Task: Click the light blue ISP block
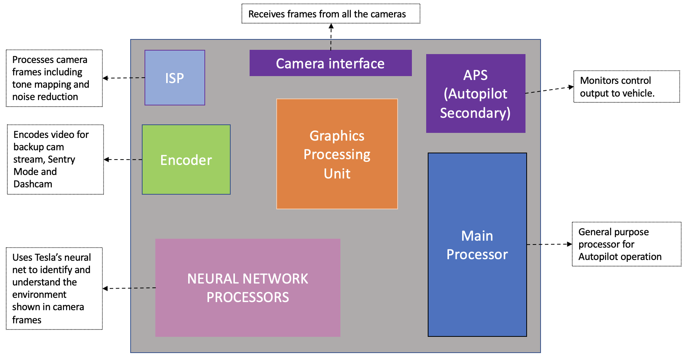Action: tap(175, 78)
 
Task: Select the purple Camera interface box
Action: tap(330, 63)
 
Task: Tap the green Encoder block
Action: tap(186, 160)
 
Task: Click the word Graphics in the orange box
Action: tap(337, 136)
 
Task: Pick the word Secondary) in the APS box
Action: tap(475, 113)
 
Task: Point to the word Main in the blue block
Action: tap(477, 236)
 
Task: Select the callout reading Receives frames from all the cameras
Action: tap(331, 14)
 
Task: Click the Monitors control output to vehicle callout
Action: tap(626, 87)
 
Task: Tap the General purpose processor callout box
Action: tap(626, 244)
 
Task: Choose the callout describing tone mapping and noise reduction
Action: tap(54, 78)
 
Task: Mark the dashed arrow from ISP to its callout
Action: tap(124, 78)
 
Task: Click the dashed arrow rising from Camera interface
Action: tap(331, 37)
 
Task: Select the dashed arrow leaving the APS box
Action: tap(549, 90)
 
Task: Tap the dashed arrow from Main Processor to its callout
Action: tap(549, 244)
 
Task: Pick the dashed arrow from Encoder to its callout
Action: tap(123, 160)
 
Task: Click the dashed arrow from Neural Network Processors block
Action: tap(129, 288)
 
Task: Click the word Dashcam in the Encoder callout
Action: tap(33, 184)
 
